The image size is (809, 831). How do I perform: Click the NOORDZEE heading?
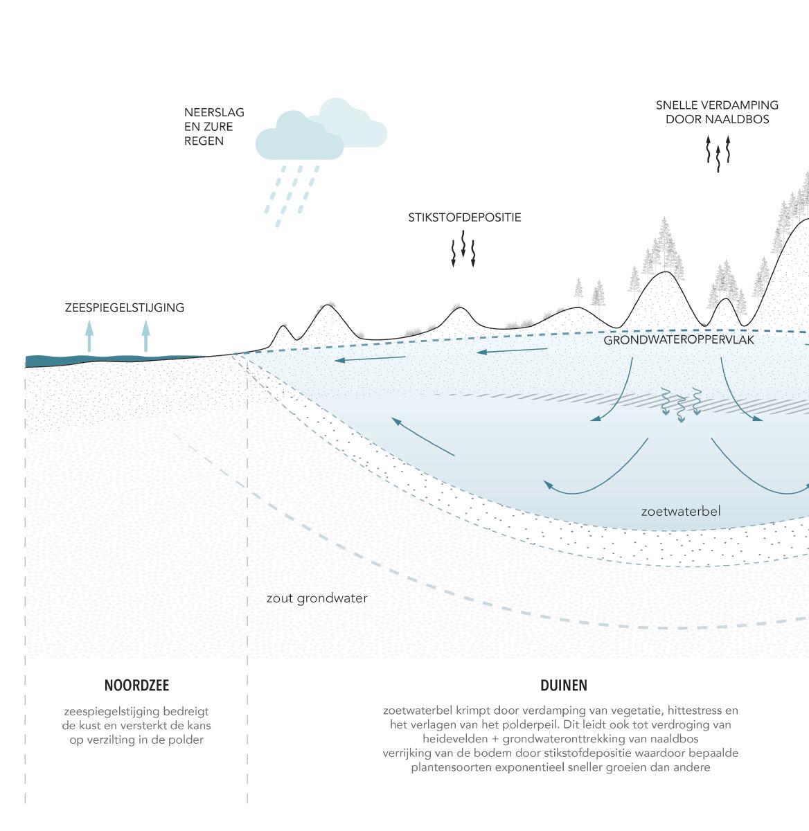pyautogui.click(x=136, y=686)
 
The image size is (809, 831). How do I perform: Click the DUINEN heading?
pyautogui.click(x=563, y=686)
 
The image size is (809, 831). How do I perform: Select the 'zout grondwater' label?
pyautogui.click(x=317, y=598)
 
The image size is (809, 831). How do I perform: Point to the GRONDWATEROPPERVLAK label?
pyautogui.click(x=678, y=341)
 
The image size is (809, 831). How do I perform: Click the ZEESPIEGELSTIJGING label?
pyautogui.click(x=125, y=307)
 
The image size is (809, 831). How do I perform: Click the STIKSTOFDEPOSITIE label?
pyautogui.click(x=464, y=217)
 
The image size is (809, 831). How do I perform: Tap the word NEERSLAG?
pyautogui.click(x=214, y=112)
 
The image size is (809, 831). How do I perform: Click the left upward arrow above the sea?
pyautogui.click(x=89, y=337)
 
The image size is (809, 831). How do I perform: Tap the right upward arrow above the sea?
pyautogui.click(x=145, y=337)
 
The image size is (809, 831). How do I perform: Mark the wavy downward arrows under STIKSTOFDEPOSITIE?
pyautogui.click(x=463, y=250)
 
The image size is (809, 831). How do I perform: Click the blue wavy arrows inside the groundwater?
pyautogui.click(x=681, y=404)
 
